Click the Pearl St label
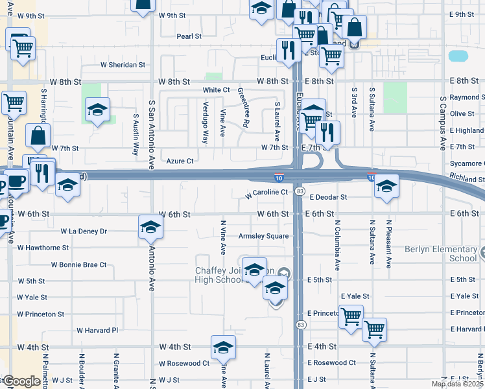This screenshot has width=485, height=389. (x=189, y=36)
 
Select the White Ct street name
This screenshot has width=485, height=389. (x=216, y=90)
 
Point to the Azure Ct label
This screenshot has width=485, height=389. (x=180, y=161)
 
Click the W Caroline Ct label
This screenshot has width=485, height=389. (x=266, y=193)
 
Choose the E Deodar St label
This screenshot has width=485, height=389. (x=328, y=196)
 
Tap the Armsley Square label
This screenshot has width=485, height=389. (x=263, y=236)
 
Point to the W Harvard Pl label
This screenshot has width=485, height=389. (x=97, y=330)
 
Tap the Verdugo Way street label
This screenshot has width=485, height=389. (x=206, y=123)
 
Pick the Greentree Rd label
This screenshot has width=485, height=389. (x=243, y=107)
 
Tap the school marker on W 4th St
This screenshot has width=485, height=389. (x=223, y=348)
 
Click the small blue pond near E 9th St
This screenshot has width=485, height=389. (x=458, y=56)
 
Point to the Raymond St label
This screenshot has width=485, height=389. (x=467, y=97)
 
